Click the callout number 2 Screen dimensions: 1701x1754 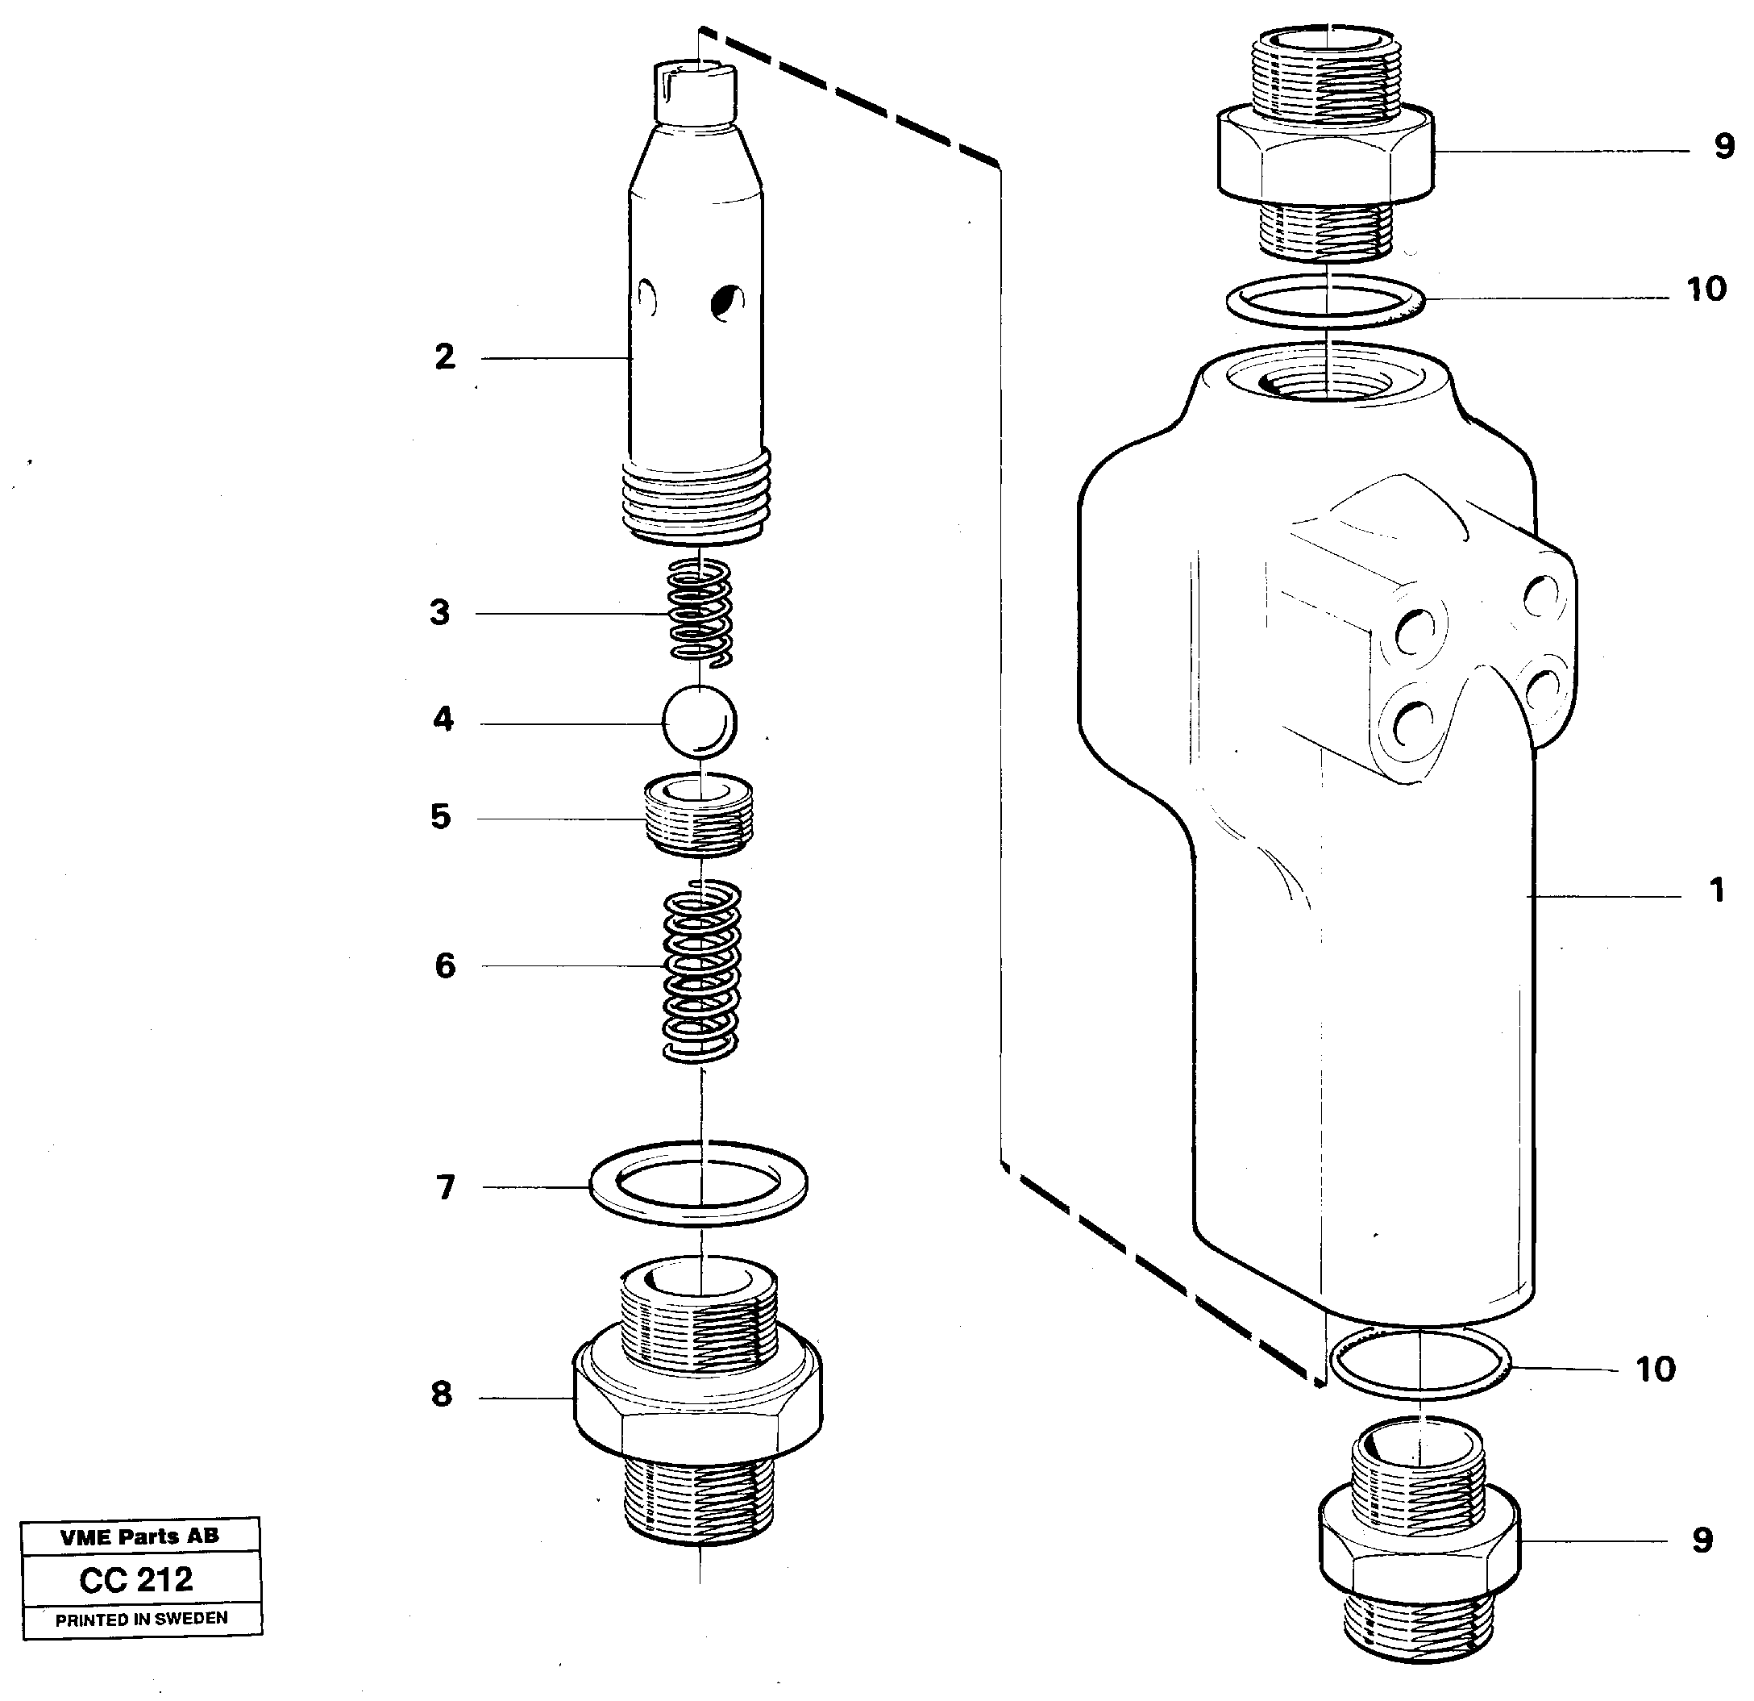click(x=445, y=357)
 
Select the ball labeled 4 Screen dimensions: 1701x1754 click(x=700, y=722)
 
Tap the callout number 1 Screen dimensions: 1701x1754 click(x=1715, y=890)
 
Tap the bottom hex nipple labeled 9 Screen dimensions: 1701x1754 click(x=1419, y=1540)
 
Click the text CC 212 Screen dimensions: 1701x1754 click(x=136, y=1579)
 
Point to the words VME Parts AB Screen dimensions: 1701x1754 click(x=139, y=1536)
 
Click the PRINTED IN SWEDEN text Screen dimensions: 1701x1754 click(x=141, y=1619)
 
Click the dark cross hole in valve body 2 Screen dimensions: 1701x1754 click(x=725, y=302)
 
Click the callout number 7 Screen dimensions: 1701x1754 click(x=446, y=1187)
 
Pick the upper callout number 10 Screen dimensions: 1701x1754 click(x=1706, y=290)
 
